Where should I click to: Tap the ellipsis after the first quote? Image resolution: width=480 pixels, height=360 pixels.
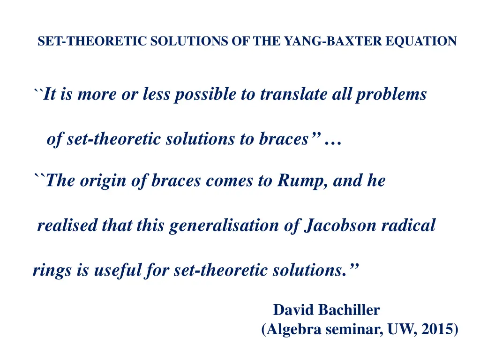332,140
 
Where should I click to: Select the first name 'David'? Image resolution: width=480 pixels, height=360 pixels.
293,310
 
